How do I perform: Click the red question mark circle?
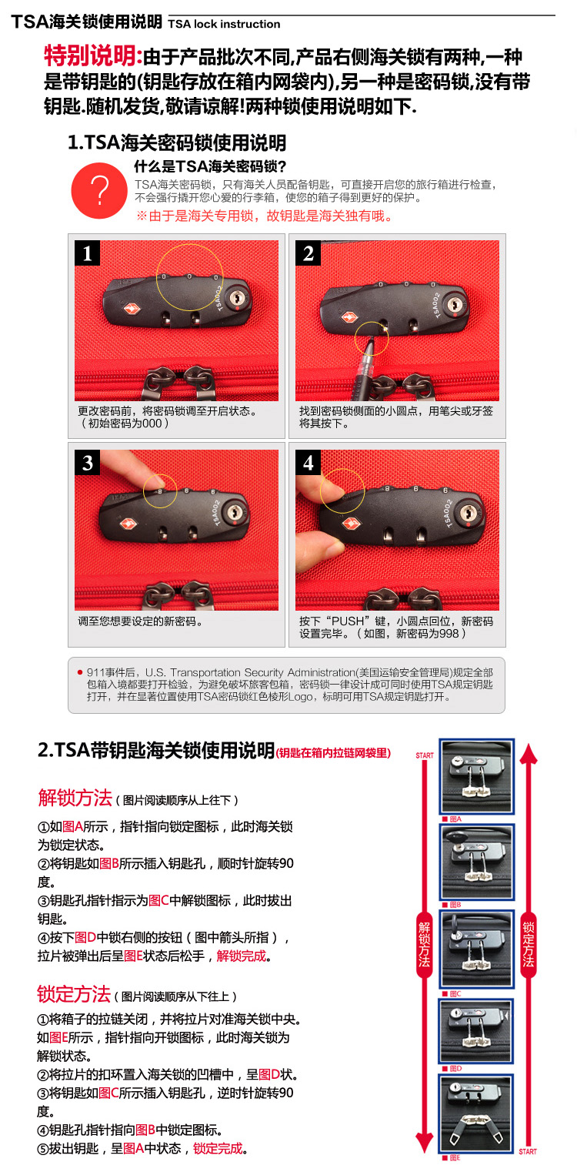(x=99, y=190)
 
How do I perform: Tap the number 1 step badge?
(x=87, y=253)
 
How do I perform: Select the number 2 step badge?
(x=309, y=253)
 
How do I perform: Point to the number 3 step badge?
(x=87, y=462)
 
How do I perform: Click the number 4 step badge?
(x=309, y=462)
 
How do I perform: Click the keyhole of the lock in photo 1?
(x=238, y=298)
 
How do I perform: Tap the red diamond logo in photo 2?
(x=349, y=317)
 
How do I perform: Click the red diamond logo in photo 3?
(x=127, y=524)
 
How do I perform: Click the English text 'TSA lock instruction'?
(x=224, y=24)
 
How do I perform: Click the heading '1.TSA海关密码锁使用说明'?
(x=177, y=142)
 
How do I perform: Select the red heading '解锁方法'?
(x=75, y=798)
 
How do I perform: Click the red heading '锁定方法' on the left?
(x=74, y=993)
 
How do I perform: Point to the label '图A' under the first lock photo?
(x=455, y=819)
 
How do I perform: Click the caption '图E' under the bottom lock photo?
(x=455, y=1158)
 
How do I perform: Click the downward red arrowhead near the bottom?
(x=425, y=1141)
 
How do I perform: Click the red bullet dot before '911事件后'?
(x=80, y=672)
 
